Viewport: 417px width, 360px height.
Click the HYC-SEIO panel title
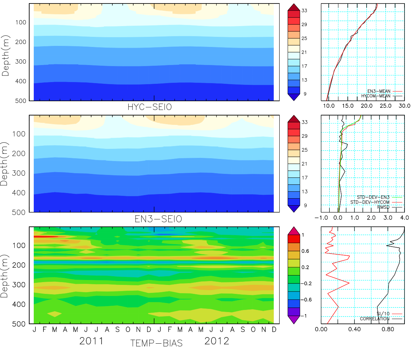point(150,107)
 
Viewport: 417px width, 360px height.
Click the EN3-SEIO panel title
point(158,219)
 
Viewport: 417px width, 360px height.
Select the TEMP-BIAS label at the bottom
point(157,343)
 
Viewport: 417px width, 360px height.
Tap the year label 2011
point(91,341)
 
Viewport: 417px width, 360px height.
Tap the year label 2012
point(217,341)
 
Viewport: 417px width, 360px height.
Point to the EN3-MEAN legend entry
point(379,91)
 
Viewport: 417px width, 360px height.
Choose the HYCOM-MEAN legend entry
point(376,96)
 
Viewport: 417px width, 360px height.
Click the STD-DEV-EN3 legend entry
point(373,197)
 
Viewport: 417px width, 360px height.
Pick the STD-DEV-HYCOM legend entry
point(370,202)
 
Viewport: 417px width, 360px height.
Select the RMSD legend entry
point(384,207)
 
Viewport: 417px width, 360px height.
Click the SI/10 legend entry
point(383,314)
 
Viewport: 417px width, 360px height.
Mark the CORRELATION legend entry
point(375,319)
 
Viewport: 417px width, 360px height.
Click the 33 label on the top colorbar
point(304,11)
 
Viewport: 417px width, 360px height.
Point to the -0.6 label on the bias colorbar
point(306,300)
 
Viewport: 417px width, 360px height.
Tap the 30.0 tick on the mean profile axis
point(404,106)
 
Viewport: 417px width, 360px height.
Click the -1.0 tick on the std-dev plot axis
point(321,218)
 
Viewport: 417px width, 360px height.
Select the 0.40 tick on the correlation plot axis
point(354,329)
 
